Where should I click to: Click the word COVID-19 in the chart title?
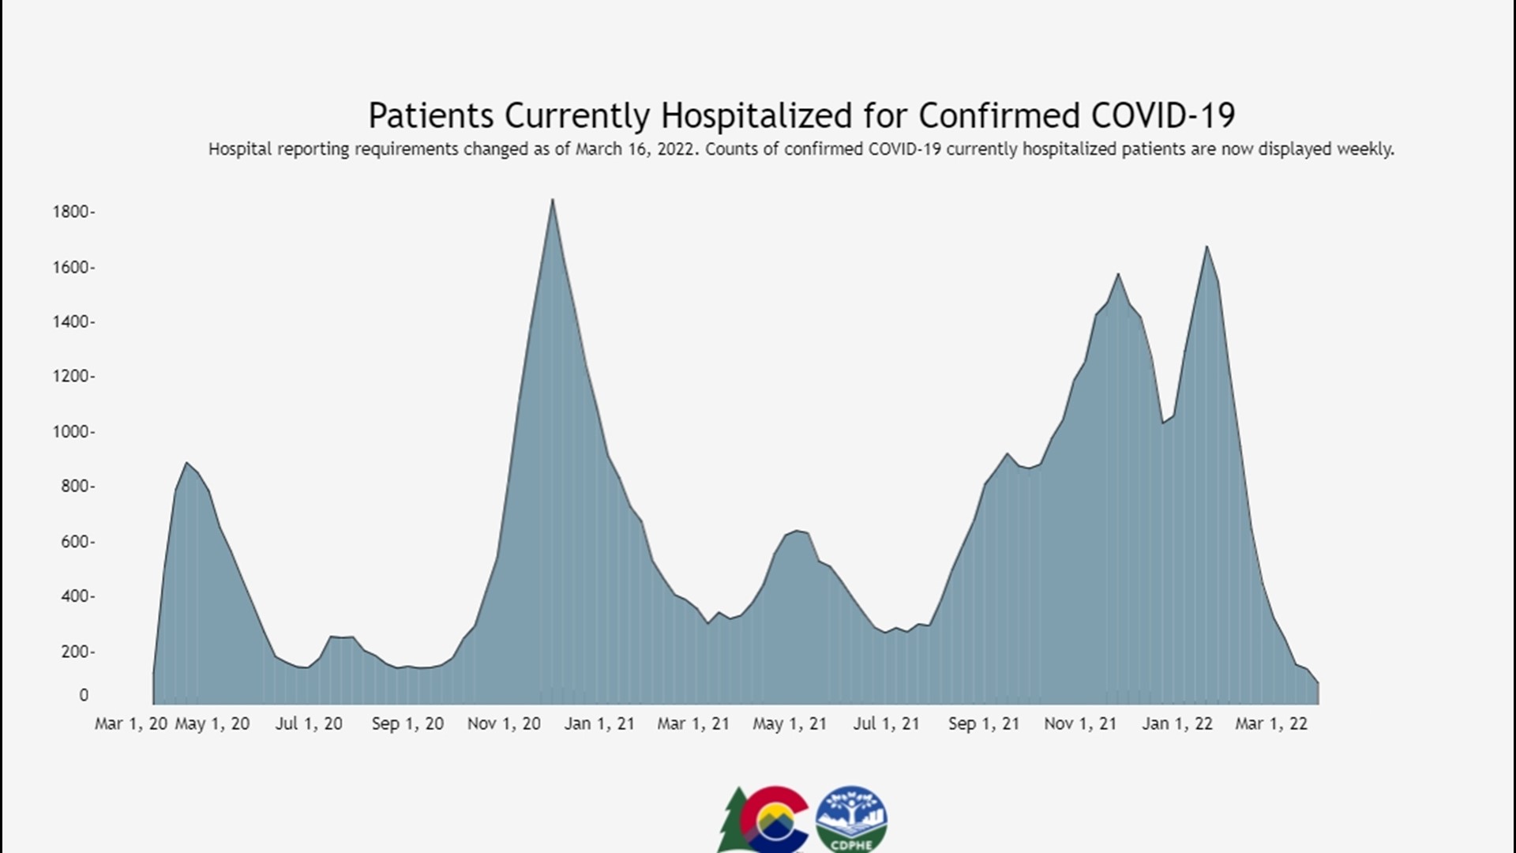click(x=1163, y=115)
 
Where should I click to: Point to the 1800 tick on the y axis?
click(x=73, y=212)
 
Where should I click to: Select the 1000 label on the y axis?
click(x=73, y=432)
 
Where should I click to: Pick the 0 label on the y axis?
click(x=84, y=695)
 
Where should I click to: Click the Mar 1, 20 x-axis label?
click(x=131, y=723)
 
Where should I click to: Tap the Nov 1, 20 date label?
click(x=504, y=723)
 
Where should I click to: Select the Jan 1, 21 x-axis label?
click(x=599, y=723)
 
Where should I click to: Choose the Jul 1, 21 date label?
click(x=886, y=723)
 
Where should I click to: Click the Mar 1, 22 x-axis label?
click(x=1271, y=723)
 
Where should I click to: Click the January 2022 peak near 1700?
click(x=1206, y=247)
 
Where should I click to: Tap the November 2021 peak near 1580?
click(x=1118, y=275)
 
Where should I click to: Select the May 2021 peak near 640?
click(x=797, y=532)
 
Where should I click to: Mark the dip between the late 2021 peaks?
click(x=1163, y=422)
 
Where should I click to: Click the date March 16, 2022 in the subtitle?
click(x=636, y=149)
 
